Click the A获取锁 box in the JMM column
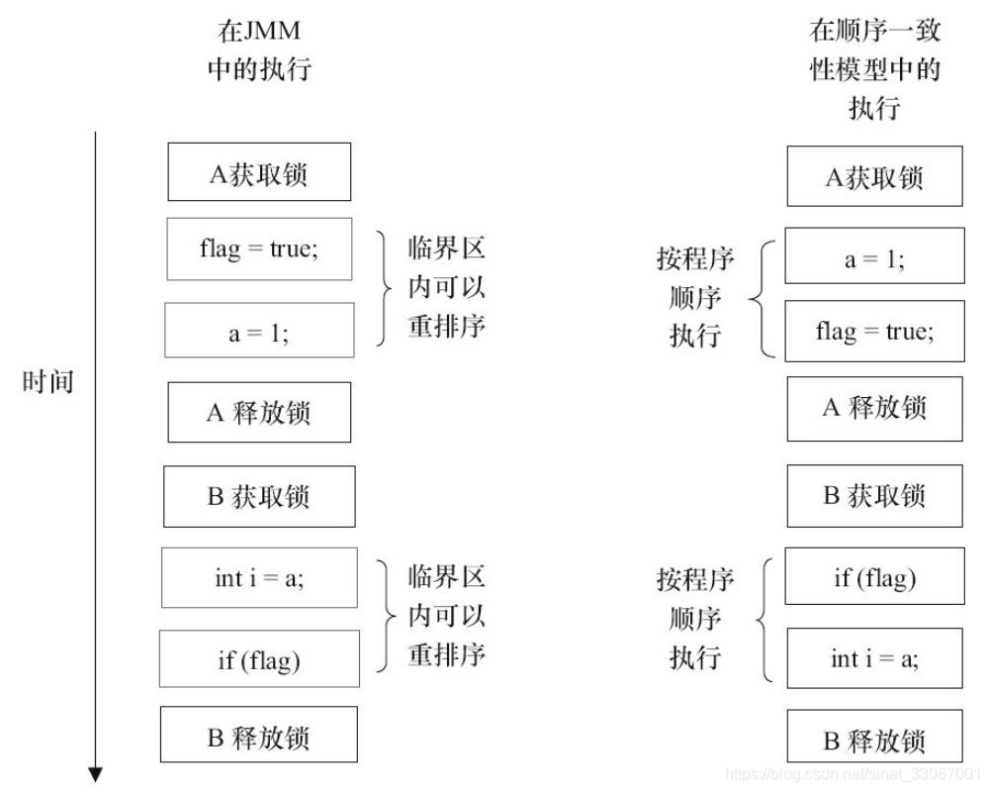259,172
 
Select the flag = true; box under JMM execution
259,248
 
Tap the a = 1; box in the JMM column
259,331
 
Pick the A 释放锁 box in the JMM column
259,412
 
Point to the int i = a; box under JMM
259,577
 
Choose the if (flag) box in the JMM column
259,659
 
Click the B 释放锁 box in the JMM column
259,737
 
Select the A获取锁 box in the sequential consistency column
874,176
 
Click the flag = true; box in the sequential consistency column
874,331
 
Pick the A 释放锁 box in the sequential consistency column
874,408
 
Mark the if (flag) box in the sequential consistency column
874,576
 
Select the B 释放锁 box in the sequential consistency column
874,740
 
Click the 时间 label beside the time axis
47,381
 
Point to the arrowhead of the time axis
95,774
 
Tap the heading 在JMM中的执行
259,49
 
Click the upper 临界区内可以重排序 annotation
446,287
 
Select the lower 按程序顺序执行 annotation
695,618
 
